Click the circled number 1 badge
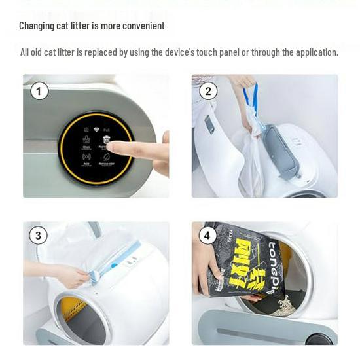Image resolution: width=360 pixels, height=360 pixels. [39, 91]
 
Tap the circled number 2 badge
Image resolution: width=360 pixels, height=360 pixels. [208, 91]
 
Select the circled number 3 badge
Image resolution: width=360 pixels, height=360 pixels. [38, 236]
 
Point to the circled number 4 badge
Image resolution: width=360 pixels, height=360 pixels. [207, 236]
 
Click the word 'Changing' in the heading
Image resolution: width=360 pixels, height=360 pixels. [38, 26]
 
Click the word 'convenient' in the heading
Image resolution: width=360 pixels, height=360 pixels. [143, 26]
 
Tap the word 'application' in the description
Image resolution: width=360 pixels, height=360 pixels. [316, 52]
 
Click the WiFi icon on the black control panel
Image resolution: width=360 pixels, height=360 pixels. [96, 130]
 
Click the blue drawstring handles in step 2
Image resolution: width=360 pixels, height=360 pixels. [250, 99]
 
